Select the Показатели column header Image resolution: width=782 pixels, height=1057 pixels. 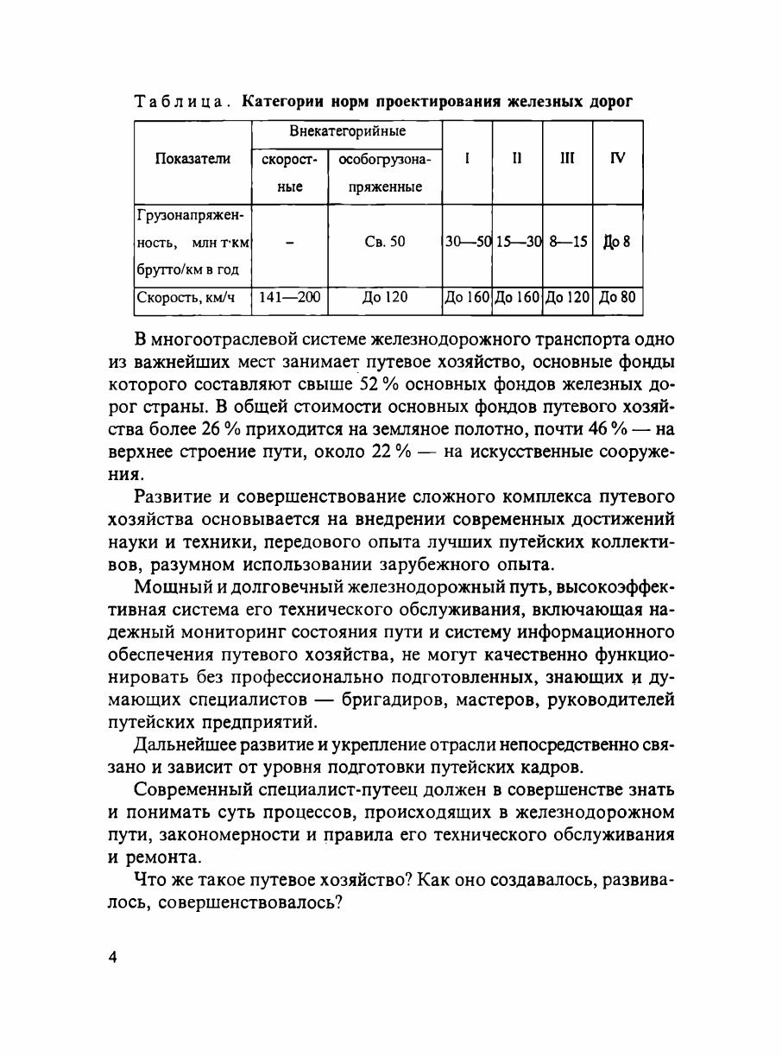(x=192, y=158)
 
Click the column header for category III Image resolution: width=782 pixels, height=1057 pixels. (x=567, y=158)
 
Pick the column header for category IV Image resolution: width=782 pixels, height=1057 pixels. (x=617, y=158)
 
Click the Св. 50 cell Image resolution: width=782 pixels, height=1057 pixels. (x=385, y=242)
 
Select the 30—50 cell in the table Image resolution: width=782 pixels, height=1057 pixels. (x=467, y=242)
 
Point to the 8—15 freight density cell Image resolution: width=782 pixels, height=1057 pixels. (x=567, y=242)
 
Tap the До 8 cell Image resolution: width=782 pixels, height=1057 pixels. (x=617, y=242)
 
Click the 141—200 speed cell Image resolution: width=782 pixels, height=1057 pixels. (x=290, y=298)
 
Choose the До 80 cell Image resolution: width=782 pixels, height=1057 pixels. (x=617, y=298)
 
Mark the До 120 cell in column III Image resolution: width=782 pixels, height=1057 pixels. (x=567, y=298)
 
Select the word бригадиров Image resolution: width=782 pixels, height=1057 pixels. (x=407, y=699)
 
